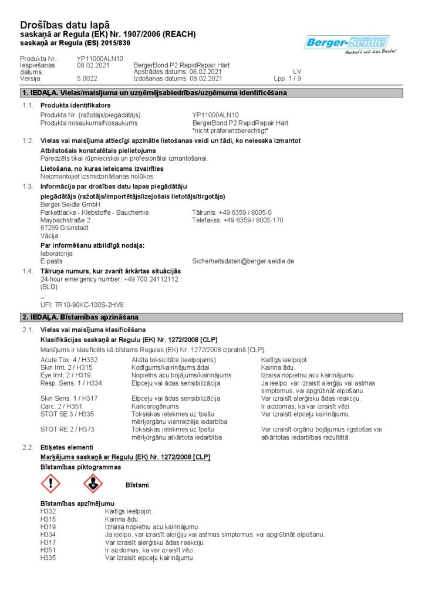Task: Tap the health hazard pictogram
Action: click(x=93, y=484)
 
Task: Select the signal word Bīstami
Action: click(x=137, y=485)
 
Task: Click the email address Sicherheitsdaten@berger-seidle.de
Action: click(x=243, y=261)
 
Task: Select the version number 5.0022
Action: click(x=87, y=78)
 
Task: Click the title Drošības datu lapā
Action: click(x=65, y=25)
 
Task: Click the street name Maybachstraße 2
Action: click(x=65, y=220)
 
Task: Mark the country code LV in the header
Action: click(x=297, y=72)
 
